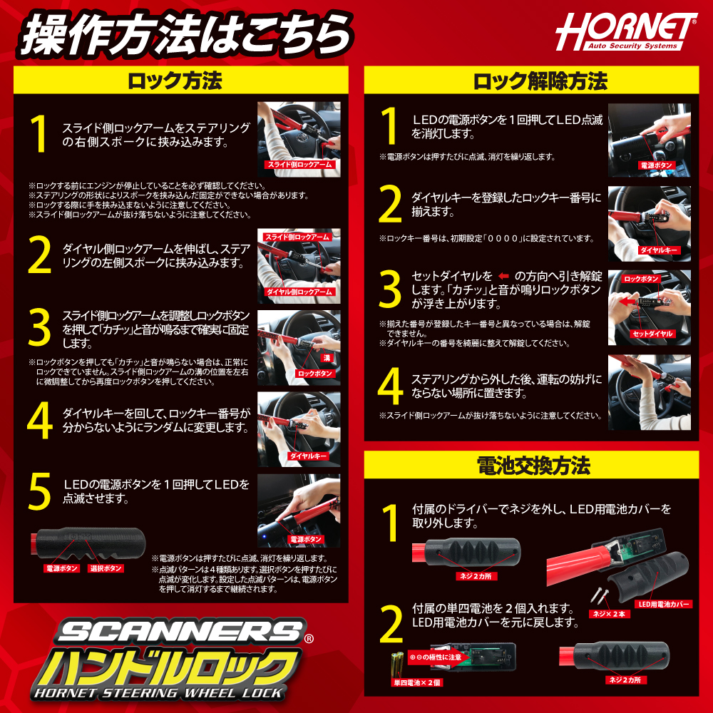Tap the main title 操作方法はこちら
[x=185, y=34]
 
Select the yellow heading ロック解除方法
[x=531, y=81]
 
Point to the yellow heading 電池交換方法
[x=531, y=466]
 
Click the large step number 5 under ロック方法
[x=40, y=491]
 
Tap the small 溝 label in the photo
[x=326, y=356]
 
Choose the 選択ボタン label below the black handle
[x=106, y=568]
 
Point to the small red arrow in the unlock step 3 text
[x=504, y=276]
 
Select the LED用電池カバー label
[x=664, y=604]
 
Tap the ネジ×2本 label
[x=608, y=613]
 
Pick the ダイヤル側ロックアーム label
[x=299, y=292]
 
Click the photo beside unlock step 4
[x=649, y=392]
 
